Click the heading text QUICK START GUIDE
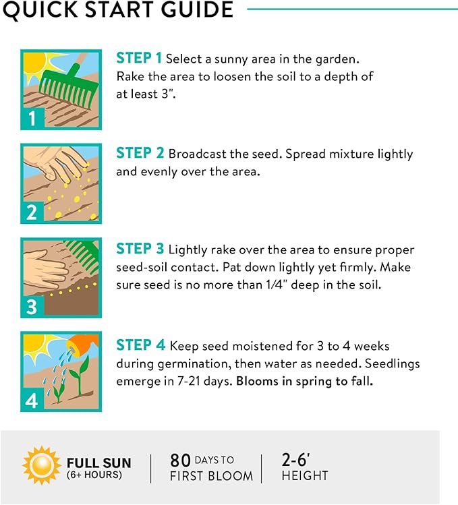coord(118,9)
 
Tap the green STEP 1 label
coord(139,58)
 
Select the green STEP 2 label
coord(140,153)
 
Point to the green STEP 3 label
coord(140,249)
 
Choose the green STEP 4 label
coord(141,345)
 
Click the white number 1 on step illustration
coord(32,118)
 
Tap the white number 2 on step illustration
coord(32,212)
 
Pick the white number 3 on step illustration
coord(32,306)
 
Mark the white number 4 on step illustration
coord(32,401)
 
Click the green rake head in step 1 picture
coord(69,86)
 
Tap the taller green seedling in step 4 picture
coord(80,373)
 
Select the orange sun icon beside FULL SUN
coord(42,465)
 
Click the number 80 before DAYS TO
coord(181,461)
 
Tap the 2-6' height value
coord(296,460)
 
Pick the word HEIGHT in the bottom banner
coord(305,476)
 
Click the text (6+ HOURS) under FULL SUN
coord(94,475)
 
